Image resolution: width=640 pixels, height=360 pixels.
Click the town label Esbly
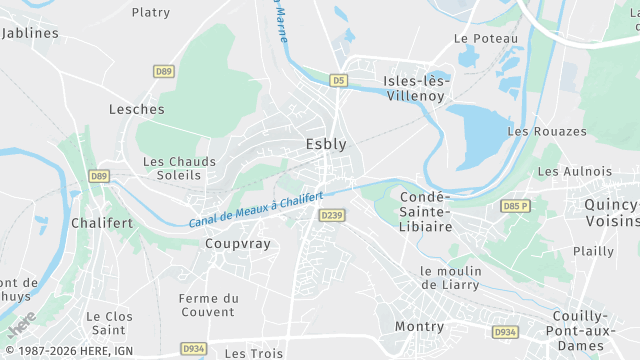click(326, 144)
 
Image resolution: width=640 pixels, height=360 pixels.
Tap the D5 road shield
click(340, 79)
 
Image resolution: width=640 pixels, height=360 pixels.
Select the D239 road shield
click(331, 215)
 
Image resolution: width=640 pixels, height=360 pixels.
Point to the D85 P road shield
click(515, 206)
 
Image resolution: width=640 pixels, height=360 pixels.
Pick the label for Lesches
click(136, 109)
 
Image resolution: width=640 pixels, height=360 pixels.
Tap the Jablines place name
click(31, 33)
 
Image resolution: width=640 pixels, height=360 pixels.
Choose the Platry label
click(151, 13)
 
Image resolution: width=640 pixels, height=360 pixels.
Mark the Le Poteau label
click(486, 38)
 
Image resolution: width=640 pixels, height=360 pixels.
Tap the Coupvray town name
click(237, 243)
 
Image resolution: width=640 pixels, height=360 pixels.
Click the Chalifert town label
click(101, 223)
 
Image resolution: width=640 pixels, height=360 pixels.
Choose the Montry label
click(419, 327)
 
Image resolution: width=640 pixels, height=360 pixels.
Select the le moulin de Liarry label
click(450, 278)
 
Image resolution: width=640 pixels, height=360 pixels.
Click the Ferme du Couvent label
click(208, 305)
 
